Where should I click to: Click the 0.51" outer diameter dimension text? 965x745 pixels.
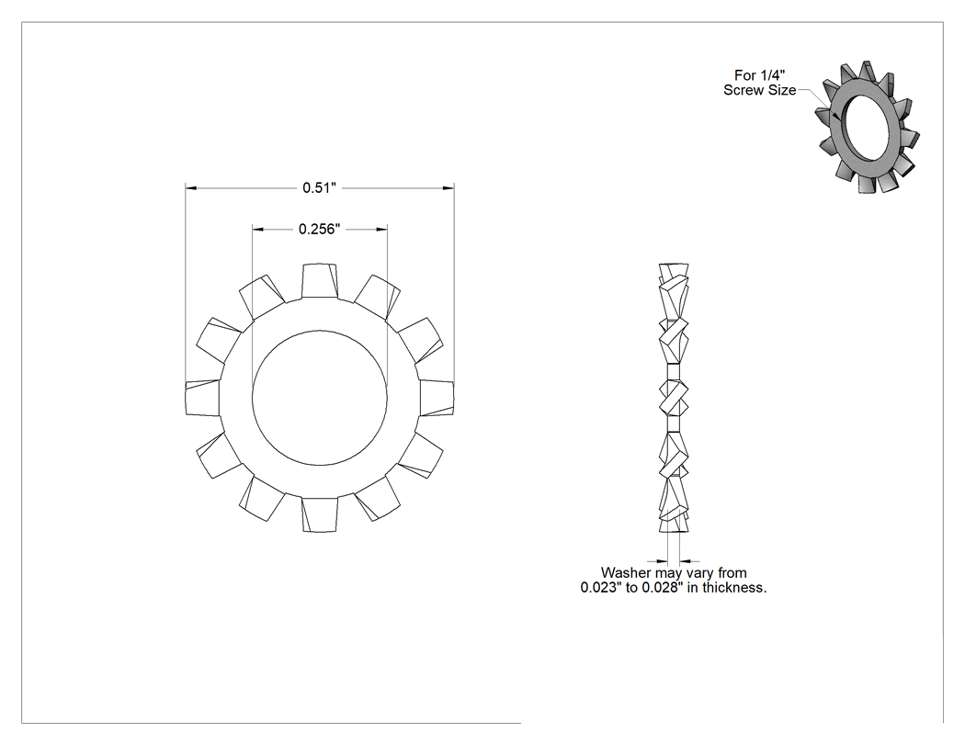click(x=320, y=187)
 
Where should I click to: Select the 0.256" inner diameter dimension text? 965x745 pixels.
click(x=320, y=229)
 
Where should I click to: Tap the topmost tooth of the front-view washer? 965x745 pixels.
click(x=320, y=282)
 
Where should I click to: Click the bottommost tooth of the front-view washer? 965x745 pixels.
click(x=320, y=514)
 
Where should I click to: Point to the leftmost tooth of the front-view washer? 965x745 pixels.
click(x=203, y=398)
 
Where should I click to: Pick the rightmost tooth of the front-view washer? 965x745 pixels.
click(x=437, y=398)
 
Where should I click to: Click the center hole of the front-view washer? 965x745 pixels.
click(x=320, y=398)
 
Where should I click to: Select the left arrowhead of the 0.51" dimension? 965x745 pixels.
click(x=191, y=187)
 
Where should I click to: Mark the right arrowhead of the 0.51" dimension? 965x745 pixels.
click(x=448, y=187)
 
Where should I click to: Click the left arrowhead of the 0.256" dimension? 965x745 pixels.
click(x=258, y=229)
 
